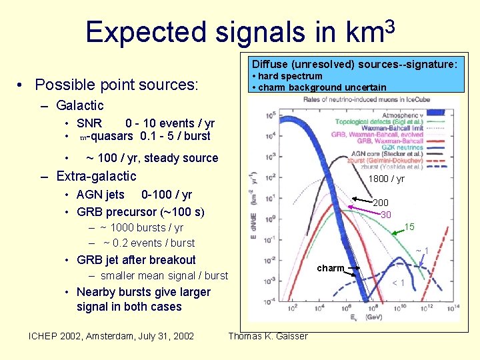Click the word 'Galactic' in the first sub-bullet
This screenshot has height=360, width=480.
[x=80, y=105]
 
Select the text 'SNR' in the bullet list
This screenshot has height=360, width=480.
[x=89, y=123]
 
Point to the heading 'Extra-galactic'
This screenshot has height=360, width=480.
[x=96, y=176]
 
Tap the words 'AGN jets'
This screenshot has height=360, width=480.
[x=101, y=195]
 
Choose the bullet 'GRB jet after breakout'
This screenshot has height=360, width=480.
[x=136, y=260]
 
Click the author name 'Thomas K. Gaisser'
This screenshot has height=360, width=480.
[x=268, y=336]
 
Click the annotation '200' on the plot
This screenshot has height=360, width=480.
[x=381, y=203]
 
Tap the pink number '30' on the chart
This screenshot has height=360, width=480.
[x=386, y=215]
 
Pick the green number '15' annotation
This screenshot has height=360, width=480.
[x=409, y=227]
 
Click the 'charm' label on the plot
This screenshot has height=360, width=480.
[x=331, y=268]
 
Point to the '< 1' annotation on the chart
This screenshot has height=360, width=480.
[x=398, y=283]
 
